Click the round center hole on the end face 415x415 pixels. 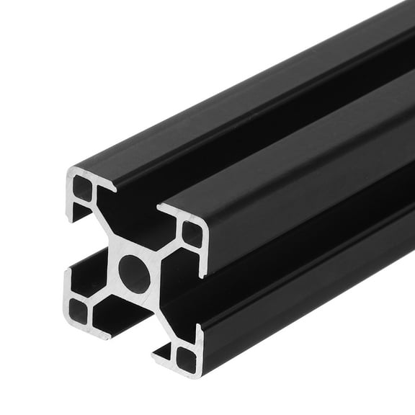135,272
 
